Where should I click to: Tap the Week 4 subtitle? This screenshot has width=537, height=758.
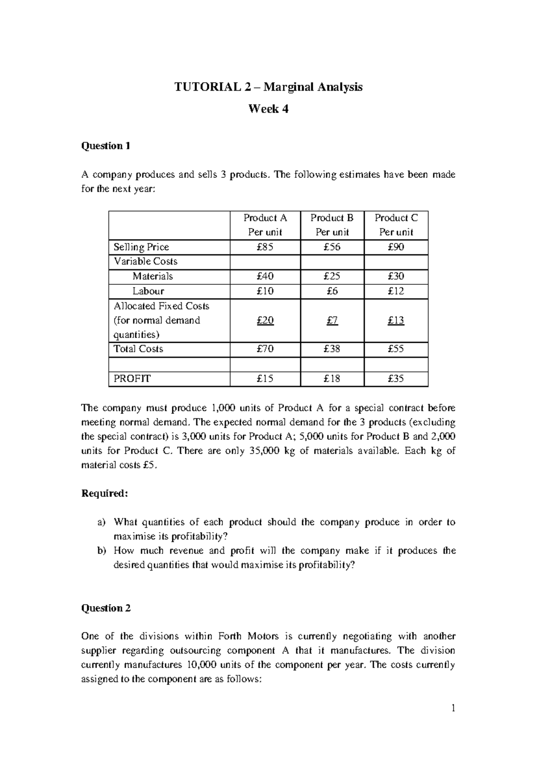tap(268, 109)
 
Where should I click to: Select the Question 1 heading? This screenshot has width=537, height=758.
tap(106, 146)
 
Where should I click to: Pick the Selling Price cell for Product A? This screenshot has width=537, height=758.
tap(265, 247)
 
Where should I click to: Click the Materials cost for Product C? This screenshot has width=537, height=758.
tap(396, 277)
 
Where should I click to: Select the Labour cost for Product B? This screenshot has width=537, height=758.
tap(332, 291)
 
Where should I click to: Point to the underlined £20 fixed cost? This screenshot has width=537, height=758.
tap(265, 320)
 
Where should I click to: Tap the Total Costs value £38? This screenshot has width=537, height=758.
tap(332, 349)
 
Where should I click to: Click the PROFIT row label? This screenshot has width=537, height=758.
tap(132, 379)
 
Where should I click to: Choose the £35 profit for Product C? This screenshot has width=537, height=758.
tap(396, 379)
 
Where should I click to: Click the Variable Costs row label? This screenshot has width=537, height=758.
tap(145, 261)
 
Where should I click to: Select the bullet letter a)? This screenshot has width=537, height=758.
tap(101, 522)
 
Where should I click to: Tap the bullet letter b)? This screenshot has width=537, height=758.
tap(101, 551)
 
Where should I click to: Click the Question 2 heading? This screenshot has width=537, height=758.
tap(106, 608)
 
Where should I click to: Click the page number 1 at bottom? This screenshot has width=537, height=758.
tap(453, 708)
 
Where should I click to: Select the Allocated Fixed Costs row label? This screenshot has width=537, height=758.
tap(162, 306)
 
